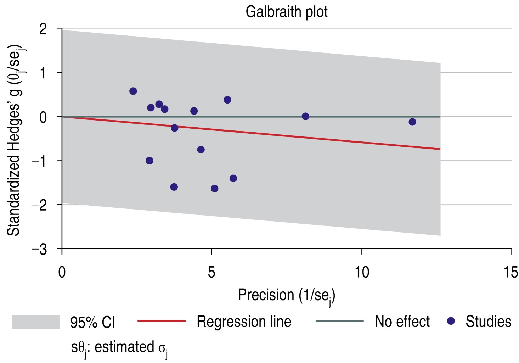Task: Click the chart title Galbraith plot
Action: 286,12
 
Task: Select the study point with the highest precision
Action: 412,122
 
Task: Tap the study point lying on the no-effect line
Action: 305,116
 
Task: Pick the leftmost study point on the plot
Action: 133,91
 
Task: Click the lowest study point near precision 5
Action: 214,189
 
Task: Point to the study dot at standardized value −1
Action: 149,161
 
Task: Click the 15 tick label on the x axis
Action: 510,273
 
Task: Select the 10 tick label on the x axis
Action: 362,273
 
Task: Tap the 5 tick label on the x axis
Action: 211,273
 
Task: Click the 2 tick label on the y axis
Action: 43,29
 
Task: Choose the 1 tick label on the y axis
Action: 43,73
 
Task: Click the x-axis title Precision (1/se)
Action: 286,296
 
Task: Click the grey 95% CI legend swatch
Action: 35,322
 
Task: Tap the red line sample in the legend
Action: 161,321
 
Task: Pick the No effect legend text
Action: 402,322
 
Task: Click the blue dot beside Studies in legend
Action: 451,321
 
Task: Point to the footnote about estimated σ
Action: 119,348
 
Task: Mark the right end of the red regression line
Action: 440,149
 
